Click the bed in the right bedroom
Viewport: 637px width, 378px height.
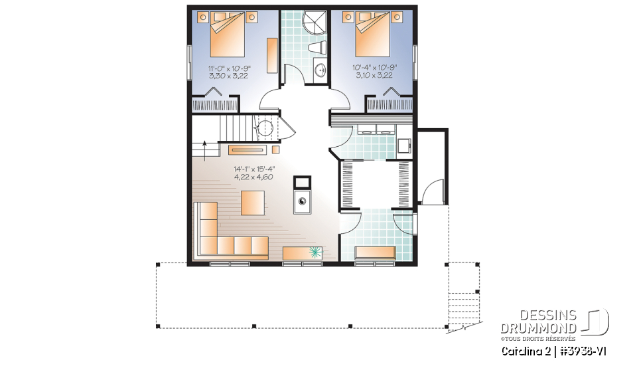373,37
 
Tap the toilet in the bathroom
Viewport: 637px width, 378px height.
320,47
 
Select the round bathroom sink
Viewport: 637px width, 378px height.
320,70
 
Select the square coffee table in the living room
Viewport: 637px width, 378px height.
252,202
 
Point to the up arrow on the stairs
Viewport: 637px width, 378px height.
204,147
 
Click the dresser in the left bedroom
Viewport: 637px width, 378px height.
272,56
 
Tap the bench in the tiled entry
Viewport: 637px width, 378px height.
376,252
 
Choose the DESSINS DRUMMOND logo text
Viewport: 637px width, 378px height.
538,322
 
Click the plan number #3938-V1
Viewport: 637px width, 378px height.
581,350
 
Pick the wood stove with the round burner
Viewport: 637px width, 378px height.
303,202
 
